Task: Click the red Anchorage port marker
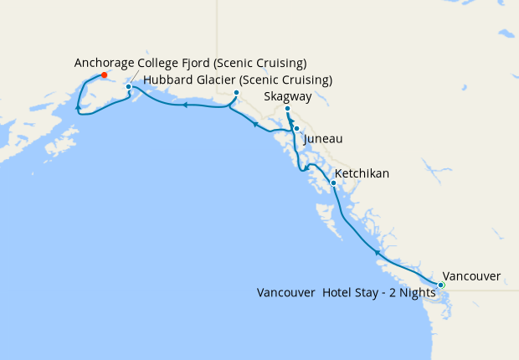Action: [104, 75]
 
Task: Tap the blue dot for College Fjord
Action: [128, 86]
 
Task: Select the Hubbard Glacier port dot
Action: [237, 105]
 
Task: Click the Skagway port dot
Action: [287, 109]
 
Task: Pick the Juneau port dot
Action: [296, 128]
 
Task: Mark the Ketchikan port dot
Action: [333, 183]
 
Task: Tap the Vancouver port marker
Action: [441, 285]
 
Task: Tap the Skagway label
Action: [287, 97]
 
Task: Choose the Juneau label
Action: [323, 138]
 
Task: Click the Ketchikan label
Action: [362, 174]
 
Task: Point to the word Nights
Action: [417, 293]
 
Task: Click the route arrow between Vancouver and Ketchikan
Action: [378, 251]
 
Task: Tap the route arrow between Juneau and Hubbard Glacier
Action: [254, 124]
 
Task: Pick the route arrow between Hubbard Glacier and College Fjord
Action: [184, 105]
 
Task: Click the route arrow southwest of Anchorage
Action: [78, 108]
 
